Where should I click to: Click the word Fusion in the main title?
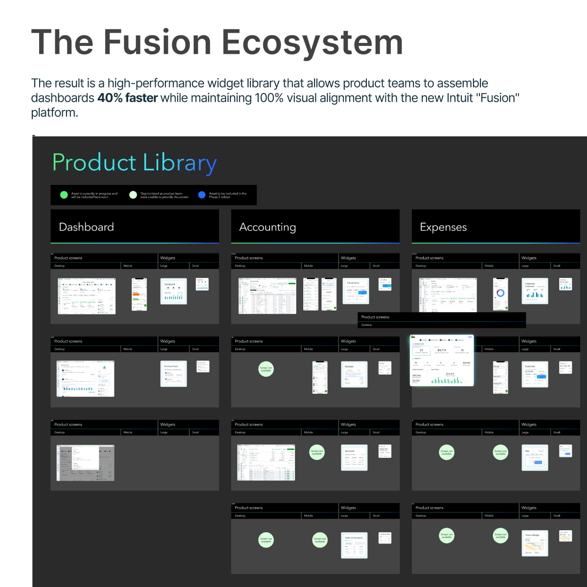click(x=158, y=43)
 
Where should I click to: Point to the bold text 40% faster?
click(x=127, y=98)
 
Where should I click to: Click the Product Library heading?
click(x=134, y=163)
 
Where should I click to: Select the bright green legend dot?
click(x=64, y=195)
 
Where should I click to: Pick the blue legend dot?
click(x=202, y=195)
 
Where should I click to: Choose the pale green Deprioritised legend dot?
click(x=133, y=195)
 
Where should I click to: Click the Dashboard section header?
click(x=86, y=227)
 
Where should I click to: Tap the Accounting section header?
click(x=268, y=227)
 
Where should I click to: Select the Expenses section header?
click(x=443, y=227)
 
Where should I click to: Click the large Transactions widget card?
click(x=356, y=291)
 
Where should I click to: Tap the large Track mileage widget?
click(x=535, y=543)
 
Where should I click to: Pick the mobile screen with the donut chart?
click(x=500, y=294)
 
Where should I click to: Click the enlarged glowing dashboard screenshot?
click(x=442, y=361)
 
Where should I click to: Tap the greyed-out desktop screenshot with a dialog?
click(x=86, y=463)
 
